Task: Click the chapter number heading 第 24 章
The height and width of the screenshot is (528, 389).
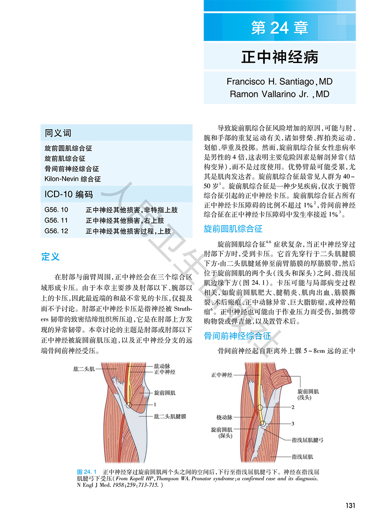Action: tap(280, 28)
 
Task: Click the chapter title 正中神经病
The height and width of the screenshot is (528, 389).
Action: tap(280, 57)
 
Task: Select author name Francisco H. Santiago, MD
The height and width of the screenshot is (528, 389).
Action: tap(280, 82)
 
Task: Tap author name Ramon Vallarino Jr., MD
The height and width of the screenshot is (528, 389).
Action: tap(280, 94)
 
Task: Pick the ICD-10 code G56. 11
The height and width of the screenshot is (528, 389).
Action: tap(56, 220)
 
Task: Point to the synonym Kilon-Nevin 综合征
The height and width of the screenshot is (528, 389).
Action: tap(73, 179)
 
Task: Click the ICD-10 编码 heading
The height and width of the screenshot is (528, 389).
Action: tap(68, 194)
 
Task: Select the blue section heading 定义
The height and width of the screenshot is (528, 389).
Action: tap(50, 257)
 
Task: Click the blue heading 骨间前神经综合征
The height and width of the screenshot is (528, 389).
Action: tap(237, 336)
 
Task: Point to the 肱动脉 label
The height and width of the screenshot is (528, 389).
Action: tap(162, 366)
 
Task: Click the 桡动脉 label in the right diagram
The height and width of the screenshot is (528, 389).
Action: tap(224, 418)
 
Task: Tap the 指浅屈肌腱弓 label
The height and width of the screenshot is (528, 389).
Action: tap(307, 440)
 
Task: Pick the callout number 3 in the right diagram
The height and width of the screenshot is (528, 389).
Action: tap(293, 423)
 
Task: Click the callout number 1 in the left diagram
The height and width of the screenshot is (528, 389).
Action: tap(154, 405)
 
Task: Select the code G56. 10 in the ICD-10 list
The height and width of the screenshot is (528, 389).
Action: tap(56, 210)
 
